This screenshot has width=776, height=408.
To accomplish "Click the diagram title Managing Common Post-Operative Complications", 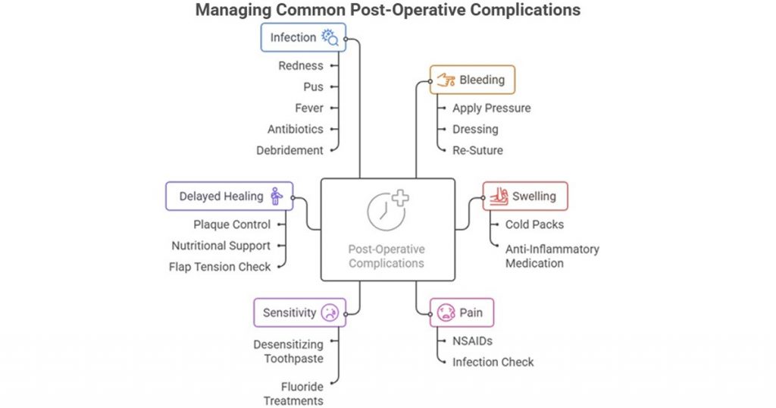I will coord(387,11).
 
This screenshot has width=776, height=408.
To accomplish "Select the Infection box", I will coord(303,37).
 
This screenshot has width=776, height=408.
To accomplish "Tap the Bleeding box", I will coord(472,80).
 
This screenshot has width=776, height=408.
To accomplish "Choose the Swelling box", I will coord(524,196).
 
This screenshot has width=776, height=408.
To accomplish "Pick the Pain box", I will coord(462,312).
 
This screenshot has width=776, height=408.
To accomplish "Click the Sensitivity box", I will coord(299,312).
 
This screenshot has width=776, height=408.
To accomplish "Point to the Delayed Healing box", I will coord(229,196).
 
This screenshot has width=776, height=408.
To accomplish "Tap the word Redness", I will coord(300,66).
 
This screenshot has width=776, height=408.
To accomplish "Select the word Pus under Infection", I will coord(313,87).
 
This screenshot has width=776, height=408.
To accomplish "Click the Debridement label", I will coord(289,150).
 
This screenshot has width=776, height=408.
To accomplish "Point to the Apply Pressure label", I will coord(492,108).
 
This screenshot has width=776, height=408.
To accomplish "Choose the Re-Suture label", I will coord(477,150).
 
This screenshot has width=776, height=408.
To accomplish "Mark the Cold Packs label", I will coord(534,224).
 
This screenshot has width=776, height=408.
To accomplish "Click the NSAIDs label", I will coord(473,341).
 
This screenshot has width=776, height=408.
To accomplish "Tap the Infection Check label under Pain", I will coord(493,362).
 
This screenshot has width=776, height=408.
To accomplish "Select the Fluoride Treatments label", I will coord(293,394).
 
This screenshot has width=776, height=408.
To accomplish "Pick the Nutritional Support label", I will coord(221,246).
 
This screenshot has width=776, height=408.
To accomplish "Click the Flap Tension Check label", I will coord(220,266).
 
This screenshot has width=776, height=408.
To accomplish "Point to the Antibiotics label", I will coord(295,130).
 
